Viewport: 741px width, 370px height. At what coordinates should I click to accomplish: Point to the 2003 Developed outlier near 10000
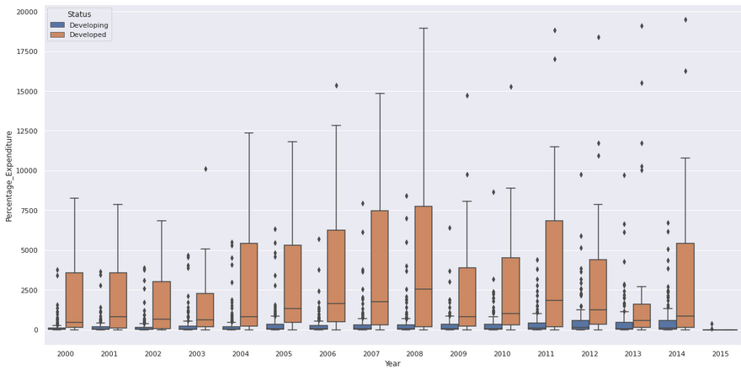point(205,169)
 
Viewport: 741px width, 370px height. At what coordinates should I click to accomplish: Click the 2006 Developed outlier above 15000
point(336,85)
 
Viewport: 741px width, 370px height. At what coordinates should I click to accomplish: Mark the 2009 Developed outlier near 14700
point(467,95)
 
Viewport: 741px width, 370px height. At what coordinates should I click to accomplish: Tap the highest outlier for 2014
point(685,19)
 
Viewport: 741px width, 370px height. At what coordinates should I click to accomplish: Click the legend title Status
point(80,14)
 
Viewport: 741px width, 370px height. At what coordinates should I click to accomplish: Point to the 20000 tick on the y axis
point(26,12)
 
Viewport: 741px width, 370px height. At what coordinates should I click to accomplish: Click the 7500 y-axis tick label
point(29,211)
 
